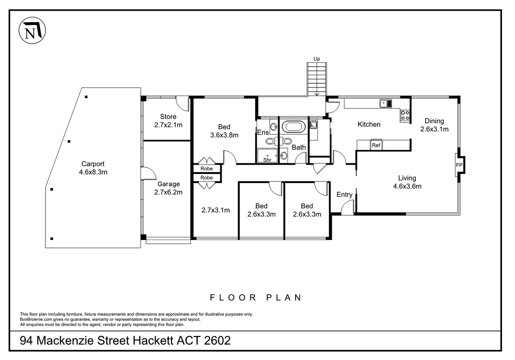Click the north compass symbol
click(32, 30)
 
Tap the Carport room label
click(93, 164)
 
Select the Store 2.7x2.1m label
click(168, 121)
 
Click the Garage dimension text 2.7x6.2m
click(168, 192)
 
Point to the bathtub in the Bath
click(294, 127)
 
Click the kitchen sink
click(386, 103)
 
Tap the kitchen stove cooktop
click(405, 115)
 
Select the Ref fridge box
click(376, 145)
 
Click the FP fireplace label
click(459, 165)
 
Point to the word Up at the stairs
click(317, 59)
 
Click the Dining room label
click(434, 121)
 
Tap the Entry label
click(345, 195)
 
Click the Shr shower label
click(267, 160)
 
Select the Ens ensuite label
click(263, 132)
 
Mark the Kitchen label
click(369, 124)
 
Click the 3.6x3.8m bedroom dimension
click(224, 135)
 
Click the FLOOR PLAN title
click(255, 298)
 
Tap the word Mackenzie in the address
click(65, 340)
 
